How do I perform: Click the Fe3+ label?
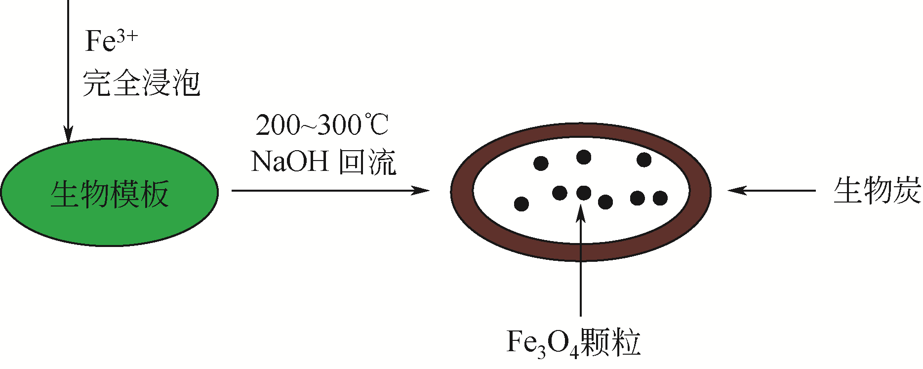coord(111,41)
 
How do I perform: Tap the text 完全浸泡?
coord(141,83)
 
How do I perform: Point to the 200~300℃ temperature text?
coord(322,125)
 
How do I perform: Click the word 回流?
coord(368,162)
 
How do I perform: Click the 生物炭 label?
coord(877,191)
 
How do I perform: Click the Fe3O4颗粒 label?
coord(573,342)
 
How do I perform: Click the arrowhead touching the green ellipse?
coord(68,134)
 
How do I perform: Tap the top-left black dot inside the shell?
coord(541,163)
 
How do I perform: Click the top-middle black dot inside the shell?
coord(584,157)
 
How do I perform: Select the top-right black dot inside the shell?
coord(644,160)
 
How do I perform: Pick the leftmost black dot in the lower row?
coord(522,204)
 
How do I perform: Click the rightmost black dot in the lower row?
coord(660,198)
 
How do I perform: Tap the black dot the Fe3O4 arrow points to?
coord(584,193)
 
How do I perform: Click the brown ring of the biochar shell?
coord(462,191)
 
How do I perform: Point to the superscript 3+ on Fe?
coord(127,36)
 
